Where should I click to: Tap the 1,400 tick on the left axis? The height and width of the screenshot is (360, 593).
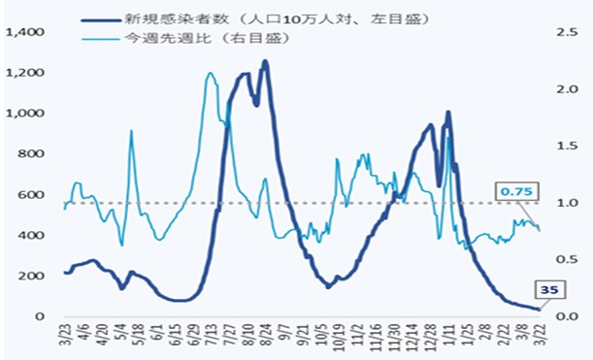26,32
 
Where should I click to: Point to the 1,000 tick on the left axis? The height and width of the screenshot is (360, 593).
26,114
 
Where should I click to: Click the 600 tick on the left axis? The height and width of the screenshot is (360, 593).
33,195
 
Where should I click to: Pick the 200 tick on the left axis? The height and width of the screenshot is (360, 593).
33,276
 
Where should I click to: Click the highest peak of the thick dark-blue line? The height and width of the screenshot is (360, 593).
265,62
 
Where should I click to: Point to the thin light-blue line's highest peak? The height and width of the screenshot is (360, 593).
211,74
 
